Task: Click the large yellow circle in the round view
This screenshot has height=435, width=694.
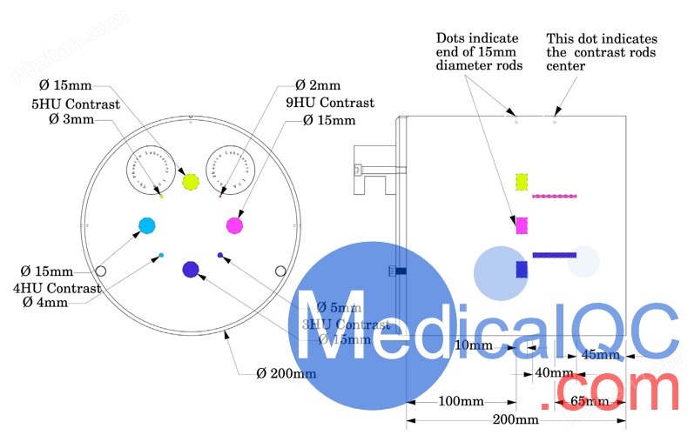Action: pyautogui.click(x=192, y=182)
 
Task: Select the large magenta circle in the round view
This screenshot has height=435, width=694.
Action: pyautogui.click(x=234, y=226)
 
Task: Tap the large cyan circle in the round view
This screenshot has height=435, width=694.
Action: pyautogui.click(x=147, y=226)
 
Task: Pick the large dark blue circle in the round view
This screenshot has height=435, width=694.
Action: pyautogui.click(x=191, y=270)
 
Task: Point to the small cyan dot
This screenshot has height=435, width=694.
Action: pyautogui.click(x=161, y=255)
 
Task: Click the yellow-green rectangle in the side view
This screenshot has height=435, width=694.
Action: pyautogui.click(x=522, y=182)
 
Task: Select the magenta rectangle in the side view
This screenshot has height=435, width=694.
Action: pyautogui.click(x=522, y=225)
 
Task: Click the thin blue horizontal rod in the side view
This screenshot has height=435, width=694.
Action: pyautogui.click(x=554, y=255)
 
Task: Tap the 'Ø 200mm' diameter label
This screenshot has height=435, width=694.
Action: pyautogui.click(x=286, y=373)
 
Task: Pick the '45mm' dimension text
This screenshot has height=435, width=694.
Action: pyautogui.click(x=601, y=355)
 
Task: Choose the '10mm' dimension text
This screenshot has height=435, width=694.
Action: pyautogui.click(x=474, y=345)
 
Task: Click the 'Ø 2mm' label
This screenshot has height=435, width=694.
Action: pyautogui.click(x=318, y=86)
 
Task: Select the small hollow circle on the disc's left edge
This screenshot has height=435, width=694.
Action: pyautogui.click(x=101, y=271)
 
